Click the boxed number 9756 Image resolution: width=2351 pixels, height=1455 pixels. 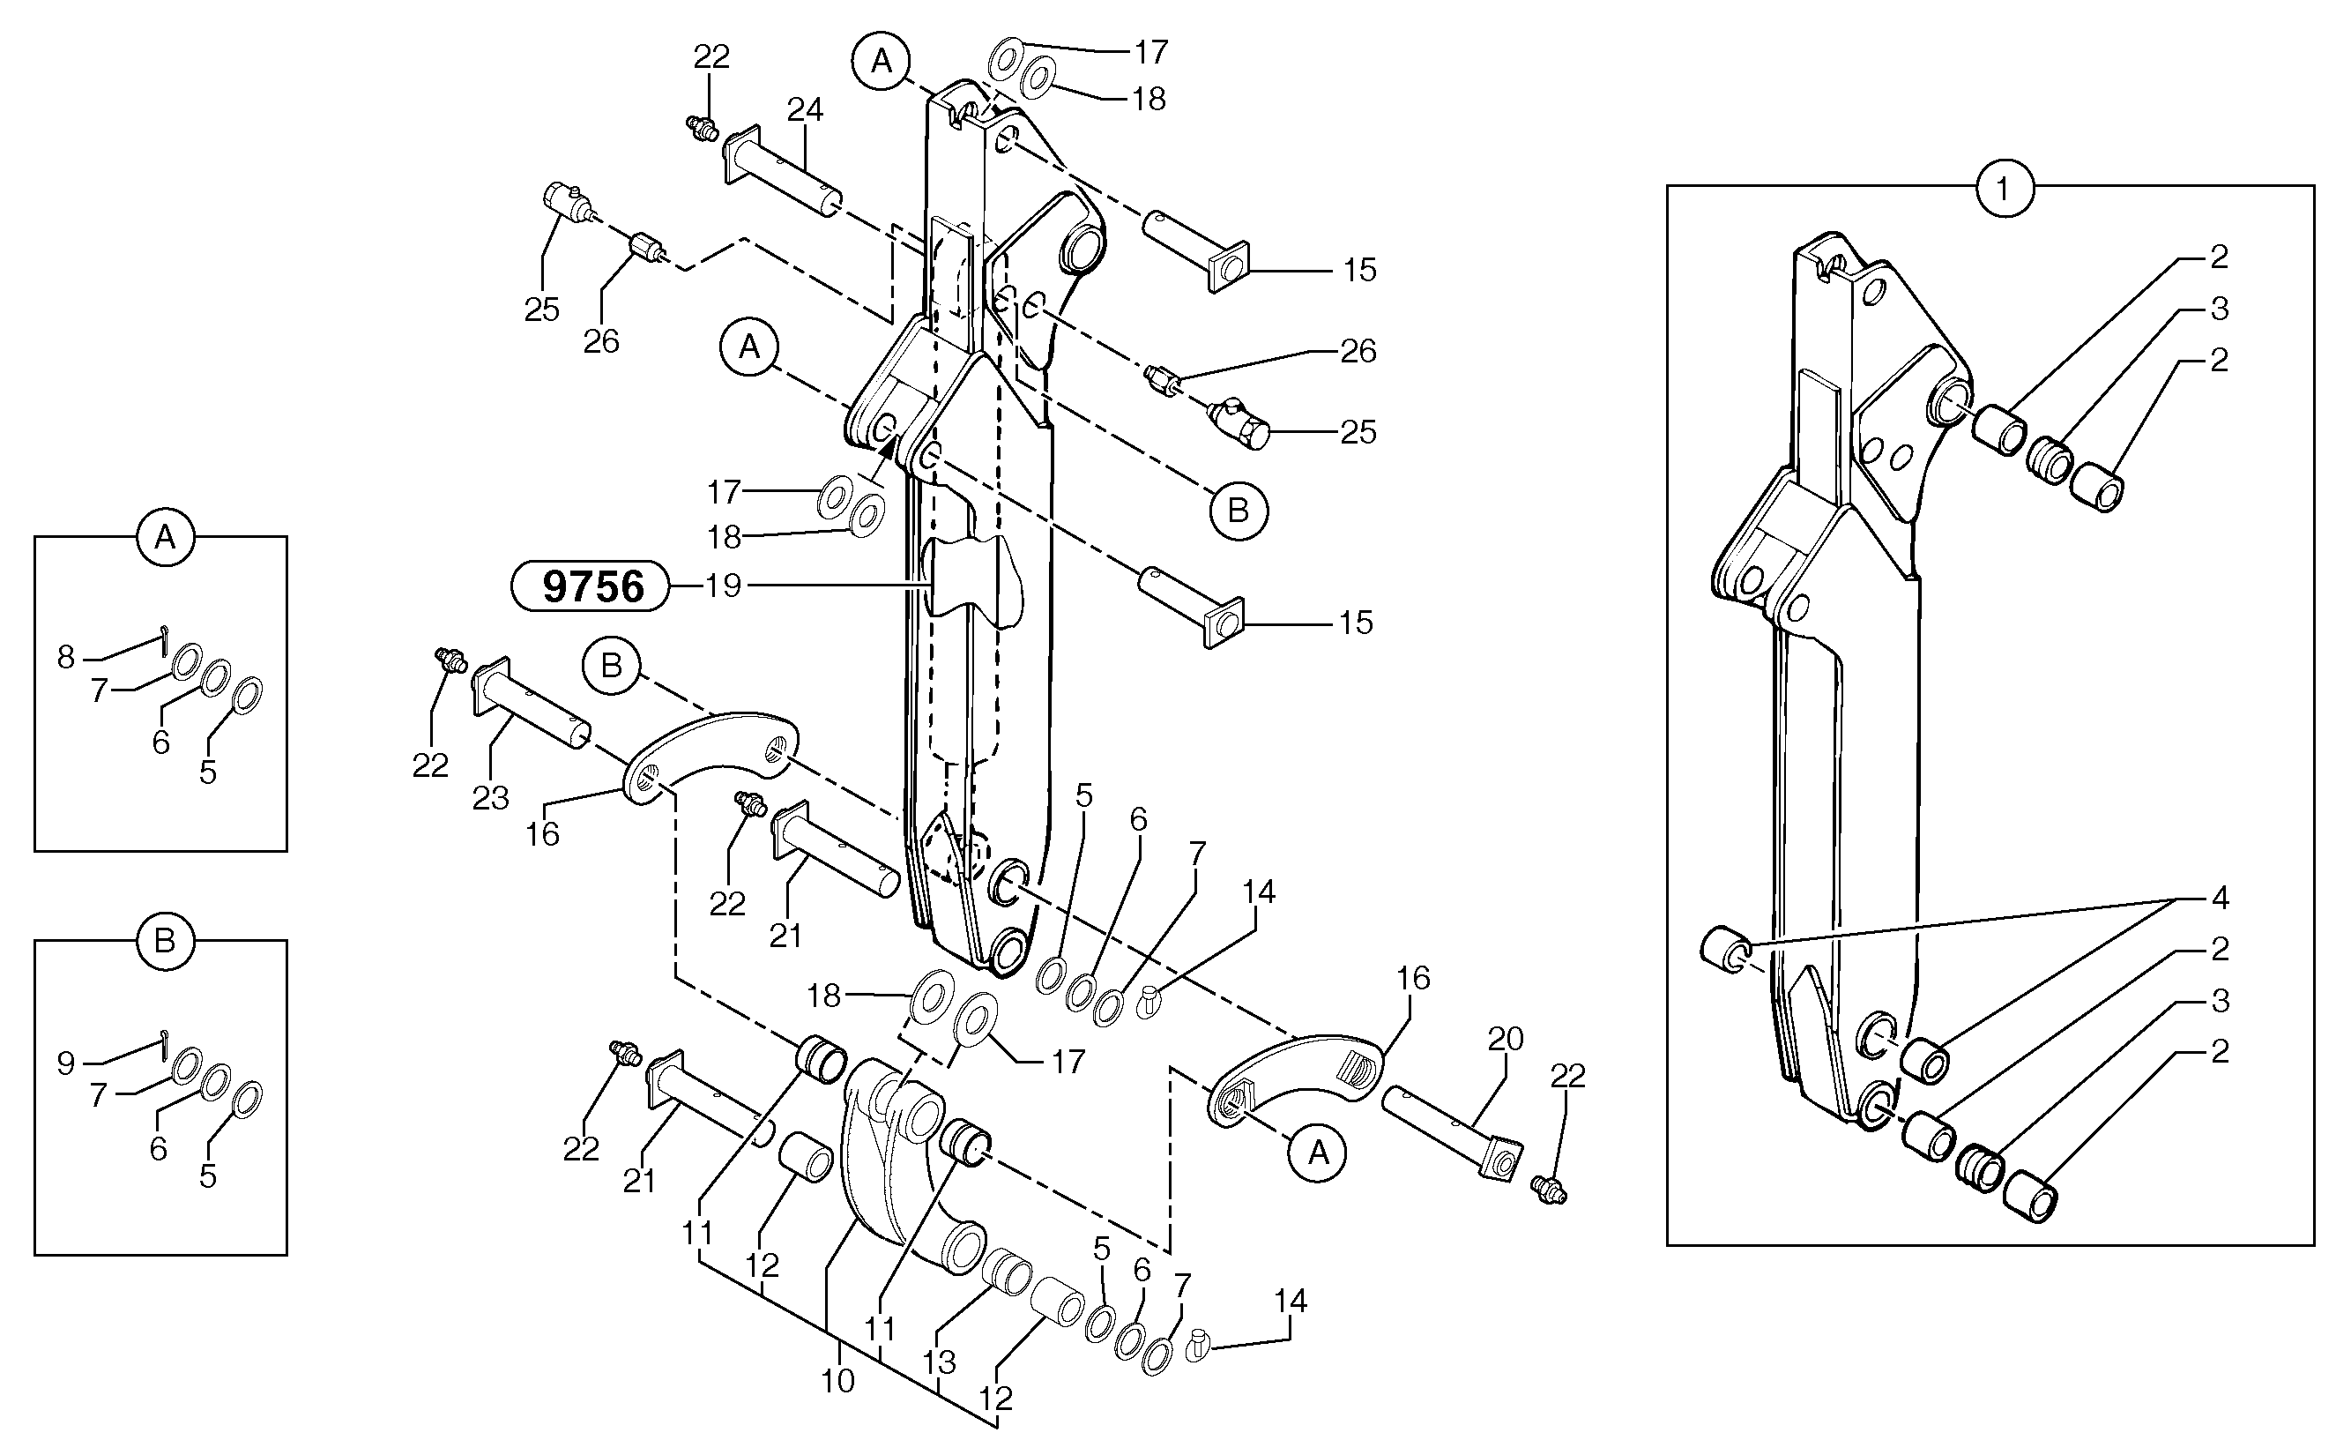[591, 586]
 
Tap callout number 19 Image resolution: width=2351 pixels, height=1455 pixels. [724, 586]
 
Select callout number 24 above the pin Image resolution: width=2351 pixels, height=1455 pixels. [804, 110]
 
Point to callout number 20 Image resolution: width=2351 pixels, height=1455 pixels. [1506, 1040]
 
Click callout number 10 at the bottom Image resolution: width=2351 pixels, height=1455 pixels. [837, 1381]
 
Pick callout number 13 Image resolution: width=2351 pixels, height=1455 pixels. [939, 1362]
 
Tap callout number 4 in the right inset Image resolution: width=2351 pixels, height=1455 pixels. [2219, 899]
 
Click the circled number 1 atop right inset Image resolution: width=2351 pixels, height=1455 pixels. [2005, 190]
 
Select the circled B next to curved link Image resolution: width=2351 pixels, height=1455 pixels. [612, 665]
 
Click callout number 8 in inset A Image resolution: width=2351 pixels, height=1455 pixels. [65, 657]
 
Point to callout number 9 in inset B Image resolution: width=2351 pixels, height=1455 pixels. [65, 1063]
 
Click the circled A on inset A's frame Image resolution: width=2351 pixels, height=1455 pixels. [165, 537]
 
